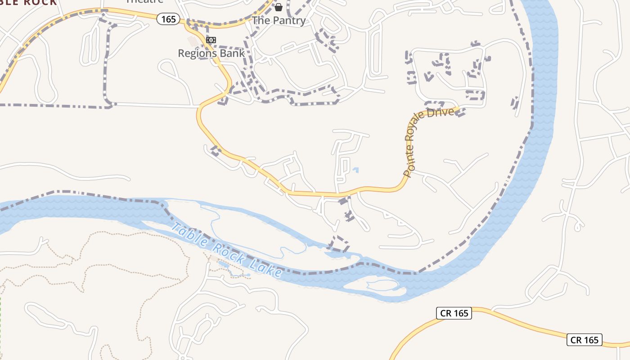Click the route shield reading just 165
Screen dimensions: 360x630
coord(169,19)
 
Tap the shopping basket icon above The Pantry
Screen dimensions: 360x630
coord(279,7)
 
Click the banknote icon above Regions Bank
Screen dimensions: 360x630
coord(211,40)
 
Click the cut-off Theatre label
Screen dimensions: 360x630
coord(144,1)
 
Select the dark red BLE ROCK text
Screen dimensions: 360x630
coord(29,2)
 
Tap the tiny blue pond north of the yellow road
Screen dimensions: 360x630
coord(356,170)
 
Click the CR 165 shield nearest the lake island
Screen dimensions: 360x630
coord(454,313)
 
